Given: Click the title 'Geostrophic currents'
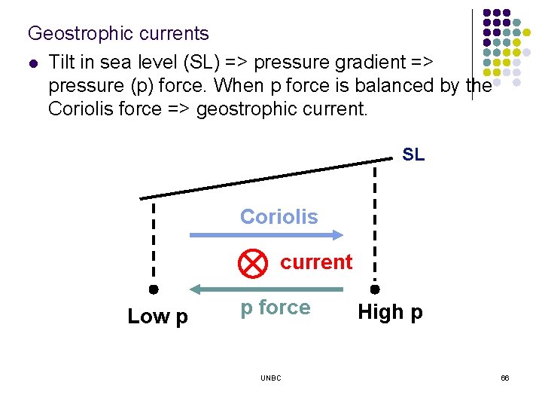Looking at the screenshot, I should point(118,34).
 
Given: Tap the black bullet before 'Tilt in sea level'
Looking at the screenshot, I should point(32,60).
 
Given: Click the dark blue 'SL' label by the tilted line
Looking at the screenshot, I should point(413,155).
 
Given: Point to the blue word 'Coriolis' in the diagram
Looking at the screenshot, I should point(279,217).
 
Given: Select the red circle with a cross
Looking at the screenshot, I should point(253,262).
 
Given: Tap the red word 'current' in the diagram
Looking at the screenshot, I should point(316,262).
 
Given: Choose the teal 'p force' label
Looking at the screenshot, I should point(275,308).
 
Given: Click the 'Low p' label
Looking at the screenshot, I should point(158,317).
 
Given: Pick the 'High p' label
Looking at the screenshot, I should point(390,312).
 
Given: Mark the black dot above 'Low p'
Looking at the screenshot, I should point(153,289).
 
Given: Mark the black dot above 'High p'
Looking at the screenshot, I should point(375,289).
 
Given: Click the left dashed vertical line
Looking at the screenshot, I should point(153,241).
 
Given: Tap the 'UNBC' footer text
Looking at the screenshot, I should point(271,378).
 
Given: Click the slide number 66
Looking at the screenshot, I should point(505,378).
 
